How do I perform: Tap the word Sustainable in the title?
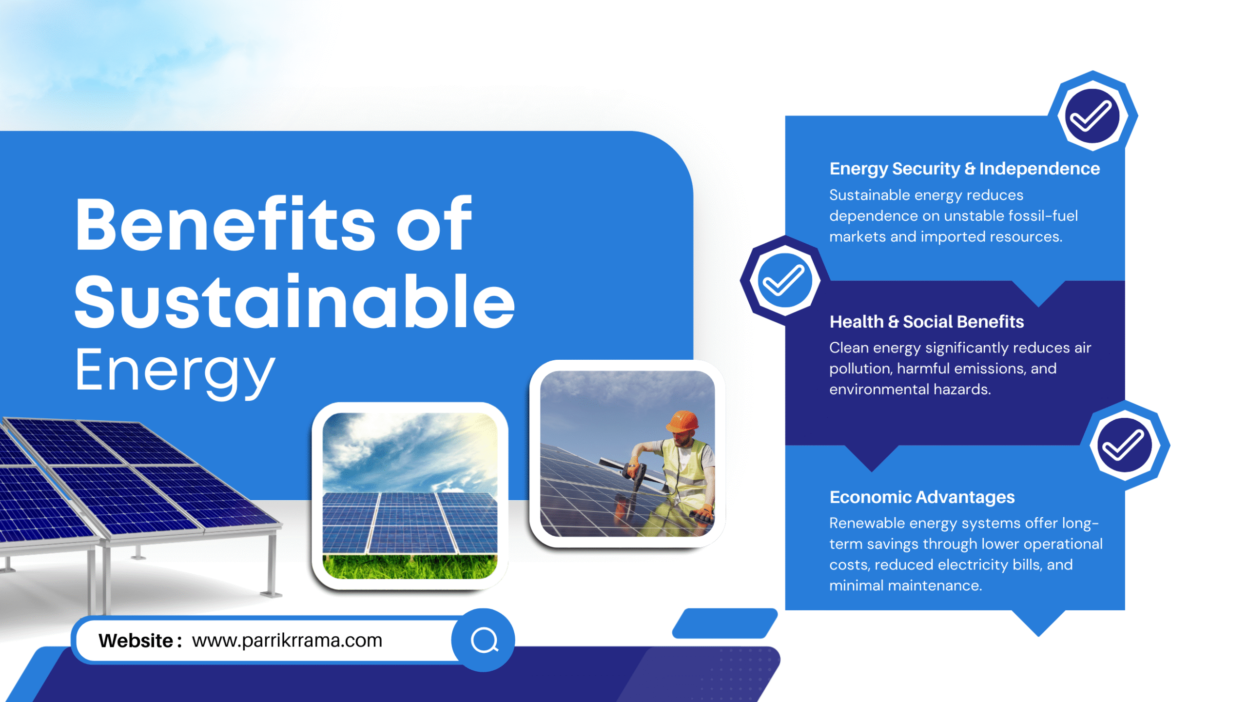tap(294, 301)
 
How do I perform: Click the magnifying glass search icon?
tap(484, 640)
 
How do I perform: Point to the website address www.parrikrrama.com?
tap(287, 640)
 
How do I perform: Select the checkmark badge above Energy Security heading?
tap(1092, 116)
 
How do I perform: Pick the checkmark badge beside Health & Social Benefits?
tap(784, 280)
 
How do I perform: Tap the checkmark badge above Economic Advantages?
tap(1125, 445)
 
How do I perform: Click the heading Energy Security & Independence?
tap(965, 168)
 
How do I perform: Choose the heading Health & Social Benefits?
tap(927, 321)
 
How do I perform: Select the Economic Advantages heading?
tap(922, 497)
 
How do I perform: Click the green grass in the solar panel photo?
tap(409, 566)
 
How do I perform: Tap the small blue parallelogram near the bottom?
tap(725, 623)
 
